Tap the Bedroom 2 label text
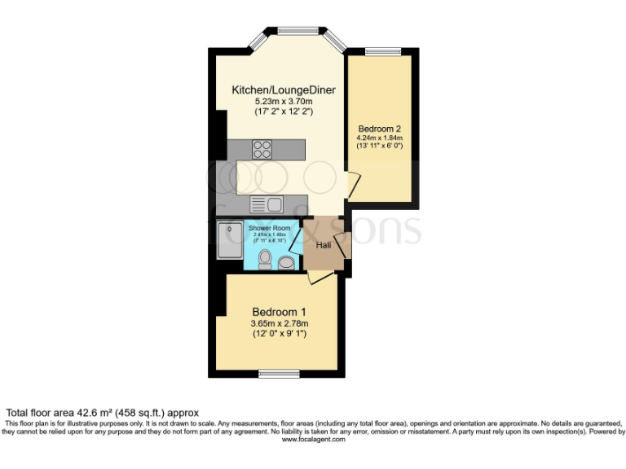click(379, 129)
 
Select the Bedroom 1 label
click(279, 312)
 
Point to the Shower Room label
click(270, 228)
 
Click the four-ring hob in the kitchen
click(262, 149)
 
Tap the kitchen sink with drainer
click(266, 204)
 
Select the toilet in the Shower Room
click(264, 259)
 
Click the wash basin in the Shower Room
click(286, 263)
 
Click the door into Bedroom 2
click(352, 185)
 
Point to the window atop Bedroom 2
click(381, 51)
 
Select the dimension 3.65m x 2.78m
click(279, 323)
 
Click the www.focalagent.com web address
click(313, 439)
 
